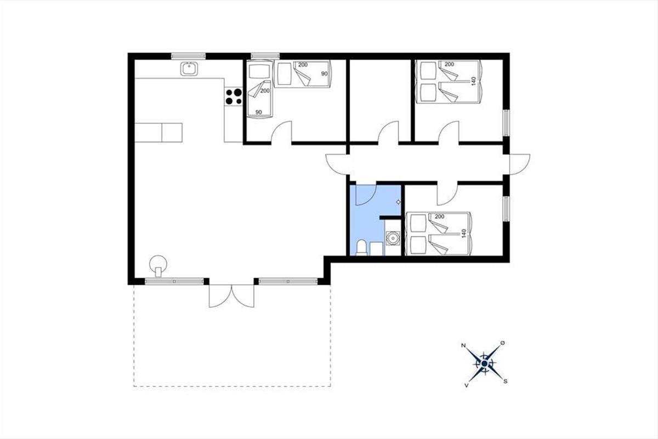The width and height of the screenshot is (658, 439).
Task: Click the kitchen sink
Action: click(x=189, y=69)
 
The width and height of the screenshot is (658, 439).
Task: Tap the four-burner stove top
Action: click(x=234, y=97)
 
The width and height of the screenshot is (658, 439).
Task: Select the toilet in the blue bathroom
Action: click(x=361, y=247)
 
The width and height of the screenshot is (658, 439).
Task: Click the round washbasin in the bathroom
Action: click(x=393, y=238)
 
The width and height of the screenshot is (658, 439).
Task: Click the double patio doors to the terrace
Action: click(x=231, y=296)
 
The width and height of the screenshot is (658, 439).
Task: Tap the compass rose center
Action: click(x=484, y=364)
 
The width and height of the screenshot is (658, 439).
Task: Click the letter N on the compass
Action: click(x=463, y=346)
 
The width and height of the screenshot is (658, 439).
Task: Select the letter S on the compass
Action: click(x=505, y=381)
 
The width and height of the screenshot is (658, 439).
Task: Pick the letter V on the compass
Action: click(x=466, y=385)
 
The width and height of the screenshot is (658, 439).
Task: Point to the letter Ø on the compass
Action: click(x=503, y=343)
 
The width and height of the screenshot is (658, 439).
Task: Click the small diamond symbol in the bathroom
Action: click(x=398, y=202)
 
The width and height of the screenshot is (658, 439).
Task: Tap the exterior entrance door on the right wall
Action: click(x=520, y=164)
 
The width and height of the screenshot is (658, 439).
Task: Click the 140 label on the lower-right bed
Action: click(x=464, y=233)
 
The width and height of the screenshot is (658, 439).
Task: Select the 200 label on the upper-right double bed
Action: click(x=449, y=64)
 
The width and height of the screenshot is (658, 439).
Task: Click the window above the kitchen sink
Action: click(x=188, y=56)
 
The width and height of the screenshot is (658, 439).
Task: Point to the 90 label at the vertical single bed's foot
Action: click(x=258, y=112)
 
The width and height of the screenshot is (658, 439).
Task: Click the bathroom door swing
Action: click(x=366, y=195)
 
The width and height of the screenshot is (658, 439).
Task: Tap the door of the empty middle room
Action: click(x=388, y=132)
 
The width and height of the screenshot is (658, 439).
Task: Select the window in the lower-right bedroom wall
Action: click(x=506, y=209)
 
